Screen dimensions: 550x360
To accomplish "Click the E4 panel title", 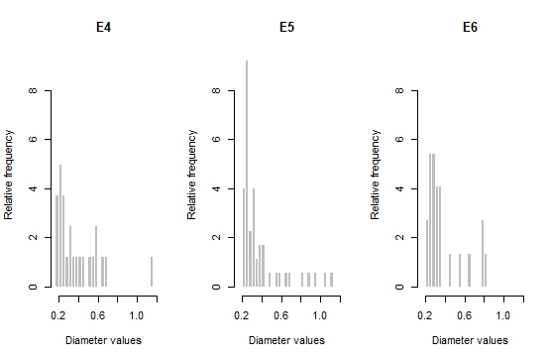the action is (104, 27).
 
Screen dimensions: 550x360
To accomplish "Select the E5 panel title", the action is (287, 27).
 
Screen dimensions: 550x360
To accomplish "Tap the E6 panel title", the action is (470, 27).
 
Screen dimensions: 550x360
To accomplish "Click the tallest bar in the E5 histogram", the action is (247, 174).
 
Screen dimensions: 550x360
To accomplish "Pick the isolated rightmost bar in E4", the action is (152, 272).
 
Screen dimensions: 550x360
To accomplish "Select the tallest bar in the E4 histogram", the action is (60, 225).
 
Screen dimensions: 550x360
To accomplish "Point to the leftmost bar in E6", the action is (427, 253).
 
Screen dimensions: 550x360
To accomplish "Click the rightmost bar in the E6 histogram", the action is (486, 270).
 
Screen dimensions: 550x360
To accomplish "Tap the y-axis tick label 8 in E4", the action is (33, 90).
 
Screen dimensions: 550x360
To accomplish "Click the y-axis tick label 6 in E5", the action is (216, 139).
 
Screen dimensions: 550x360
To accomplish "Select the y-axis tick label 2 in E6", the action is (399, 238).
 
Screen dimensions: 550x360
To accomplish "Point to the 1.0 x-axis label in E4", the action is (137, 315).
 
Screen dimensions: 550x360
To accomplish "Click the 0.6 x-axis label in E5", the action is (281, 315).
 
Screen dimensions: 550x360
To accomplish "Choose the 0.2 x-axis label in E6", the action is (425, 315).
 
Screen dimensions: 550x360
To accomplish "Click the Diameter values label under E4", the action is (103, 340).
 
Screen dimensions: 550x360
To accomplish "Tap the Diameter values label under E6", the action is (470, 340).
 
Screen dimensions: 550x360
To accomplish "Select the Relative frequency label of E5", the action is (191, 175).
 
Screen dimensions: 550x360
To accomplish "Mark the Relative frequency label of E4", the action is (8, 175).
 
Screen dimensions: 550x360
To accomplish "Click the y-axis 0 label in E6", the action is (399, 287).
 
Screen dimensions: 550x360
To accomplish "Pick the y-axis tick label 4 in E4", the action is (33, 188).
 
